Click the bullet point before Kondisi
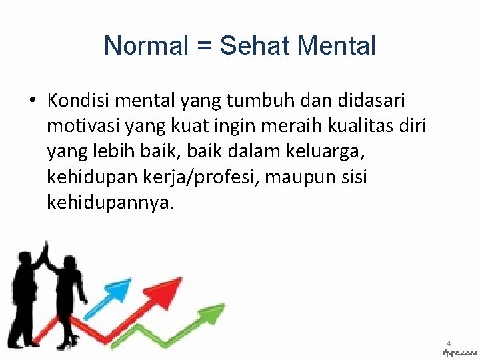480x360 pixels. click(x=31, y=101)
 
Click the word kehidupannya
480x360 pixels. click(x=109, y=202)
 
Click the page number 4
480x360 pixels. click(x=449, y=343)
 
